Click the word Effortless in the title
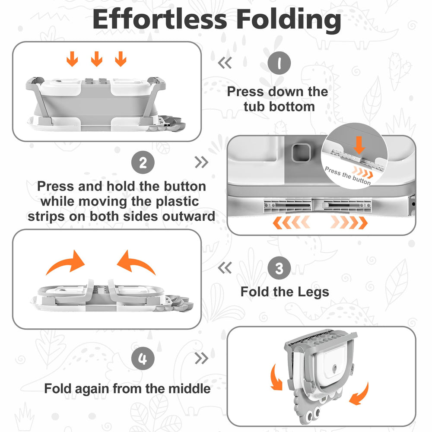160,19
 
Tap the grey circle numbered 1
279,63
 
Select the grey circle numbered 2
143,162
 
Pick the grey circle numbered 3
279,268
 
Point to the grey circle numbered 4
143,359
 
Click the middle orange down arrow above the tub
96,59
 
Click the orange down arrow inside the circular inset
359,145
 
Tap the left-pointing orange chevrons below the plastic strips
291,222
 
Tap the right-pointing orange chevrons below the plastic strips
349,222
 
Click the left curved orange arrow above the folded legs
66,263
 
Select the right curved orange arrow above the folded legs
136,263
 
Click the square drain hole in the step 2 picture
301,152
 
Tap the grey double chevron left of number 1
225,63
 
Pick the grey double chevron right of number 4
201,358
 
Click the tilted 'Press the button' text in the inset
348,175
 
